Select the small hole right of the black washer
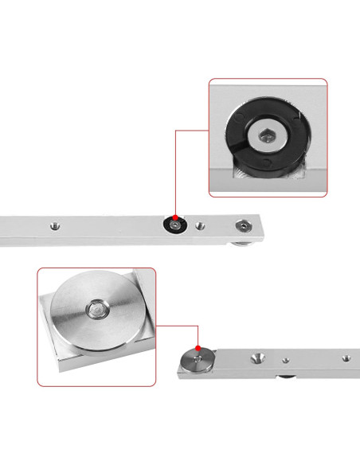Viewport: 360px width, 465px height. (200, 225)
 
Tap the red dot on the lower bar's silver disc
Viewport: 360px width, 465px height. (197, 347)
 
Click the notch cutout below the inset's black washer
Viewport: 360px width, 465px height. (239, 170)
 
